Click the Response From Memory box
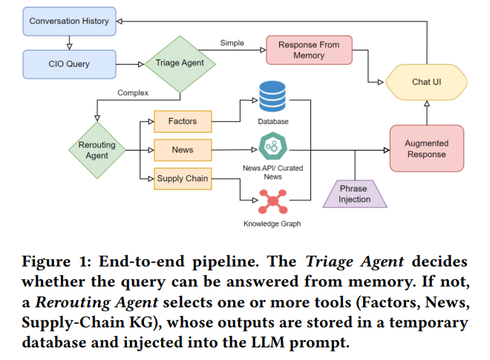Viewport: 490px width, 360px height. click(x=308, y=50)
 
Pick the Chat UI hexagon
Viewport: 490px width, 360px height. click(x=426, y=82)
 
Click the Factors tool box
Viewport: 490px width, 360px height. click(x=183, y=121)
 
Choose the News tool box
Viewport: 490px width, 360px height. click(x=183, y=150)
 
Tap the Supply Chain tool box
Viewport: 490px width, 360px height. click(x=183, y=179)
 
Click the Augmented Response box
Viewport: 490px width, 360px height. click(x=426, y=149)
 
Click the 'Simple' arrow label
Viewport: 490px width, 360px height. click(x=232, y=43)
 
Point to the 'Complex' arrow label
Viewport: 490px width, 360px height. click(x=133, y=93)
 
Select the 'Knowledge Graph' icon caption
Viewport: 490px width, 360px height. click(x=272, y=223)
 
